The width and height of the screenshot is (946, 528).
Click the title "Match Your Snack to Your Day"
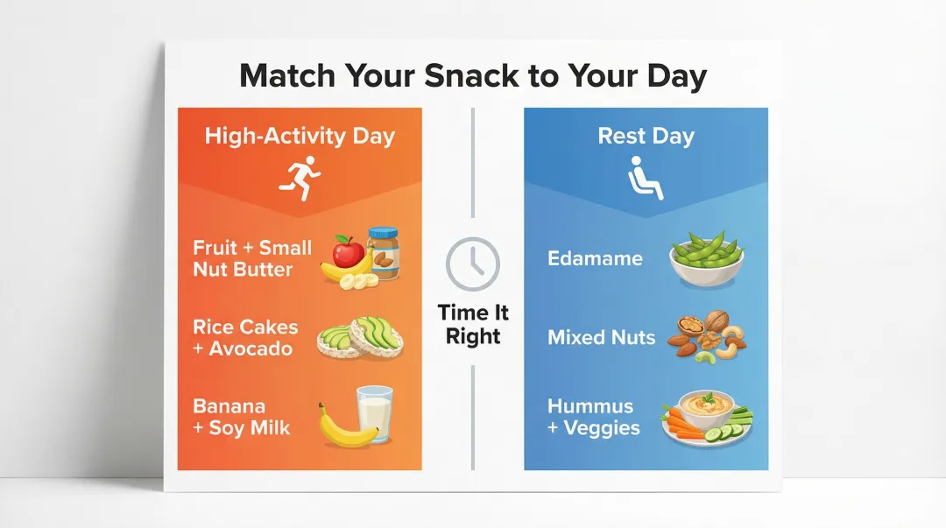pos(473,76)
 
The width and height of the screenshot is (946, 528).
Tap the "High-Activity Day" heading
pos(300,137)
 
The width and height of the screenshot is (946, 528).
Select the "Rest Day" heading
pos(646,137)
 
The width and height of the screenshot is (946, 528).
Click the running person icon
pos(300,176)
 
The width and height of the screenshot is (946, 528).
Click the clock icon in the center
pos(473,264)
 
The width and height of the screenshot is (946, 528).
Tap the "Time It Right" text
pos(473,325)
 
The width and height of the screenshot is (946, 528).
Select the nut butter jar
pos(383,253)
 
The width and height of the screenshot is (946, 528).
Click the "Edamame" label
pos(595,258)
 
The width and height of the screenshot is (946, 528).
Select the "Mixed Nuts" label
pos(601,337)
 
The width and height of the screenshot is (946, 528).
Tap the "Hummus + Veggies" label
pos(593,418)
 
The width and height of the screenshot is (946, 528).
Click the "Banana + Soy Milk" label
pos(241,418)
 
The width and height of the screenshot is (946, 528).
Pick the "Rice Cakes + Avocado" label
pos(244,338)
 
